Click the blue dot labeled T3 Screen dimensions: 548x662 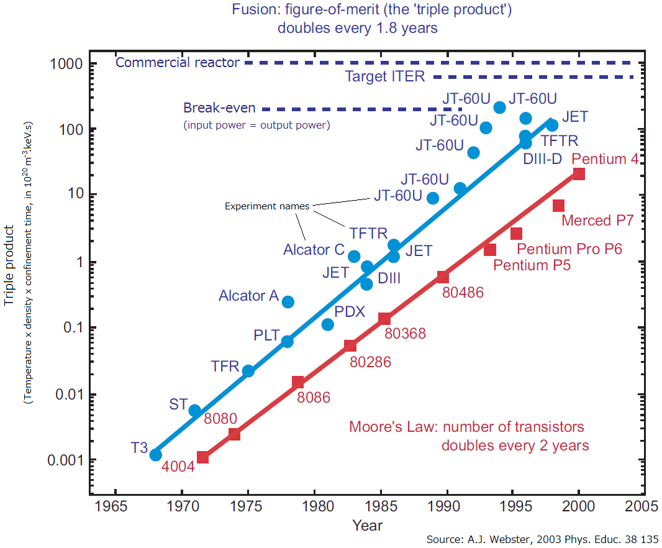tap(156, 455)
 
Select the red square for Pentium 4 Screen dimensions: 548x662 tap(579, 174)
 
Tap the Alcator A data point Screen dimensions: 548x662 tap(288, 302)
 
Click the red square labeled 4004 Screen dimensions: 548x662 tap(202, 457)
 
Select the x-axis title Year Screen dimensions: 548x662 tap(368, 526)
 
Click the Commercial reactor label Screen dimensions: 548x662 tap(178, 62)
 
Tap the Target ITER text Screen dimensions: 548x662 tap(385, 77)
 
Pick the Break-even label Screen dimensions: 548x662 tap(219, 108)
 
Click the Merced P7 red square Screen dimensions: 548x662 tap(558, 206)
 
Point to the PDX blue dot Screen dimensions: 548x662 tap(328, 324)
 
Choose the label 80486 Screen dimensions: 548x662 tap(463, 292)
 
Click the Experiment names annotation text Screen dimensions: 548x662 tap(267, 206)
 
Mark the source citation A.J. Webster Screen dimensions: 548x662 tap(542, 539)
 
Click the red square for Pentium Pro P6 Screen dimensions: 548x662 tap(516, 234)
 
